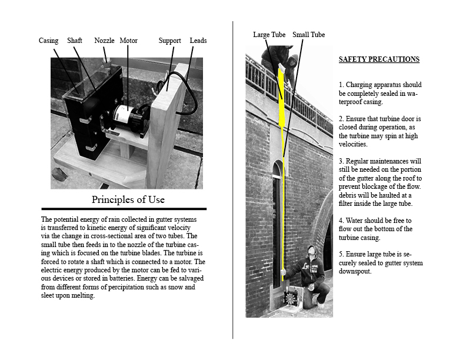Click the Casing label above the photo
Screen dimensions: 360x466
[48, 41]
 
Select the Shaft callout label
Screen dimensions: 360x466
[75, 41]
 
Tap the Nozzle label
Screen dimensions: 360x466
[104, 41]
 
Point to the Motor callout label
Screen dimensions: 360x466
[128, 41]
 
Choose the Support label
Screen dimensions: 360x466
[169, 41]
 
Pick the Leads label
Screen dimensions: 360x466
[198, 41]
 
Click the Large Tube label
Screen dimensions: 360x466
[269, 35]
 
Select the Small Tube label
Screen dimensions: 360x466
[308, 35]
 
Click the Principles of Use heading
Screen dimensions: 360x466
[128, 199]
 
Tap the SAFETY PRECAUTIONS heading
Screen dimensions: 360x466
[379, 59]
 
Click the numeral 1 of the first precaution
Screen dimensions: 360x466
[341, 85]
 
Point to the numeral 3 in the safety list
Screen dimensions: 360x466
[341, 161]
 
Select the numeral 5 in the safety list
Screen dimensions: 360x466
[341, 254]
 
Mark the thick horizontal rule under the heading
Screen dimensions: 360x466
[124, 209]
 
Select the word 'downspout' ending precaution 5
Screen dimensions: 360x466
[355, 271]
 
